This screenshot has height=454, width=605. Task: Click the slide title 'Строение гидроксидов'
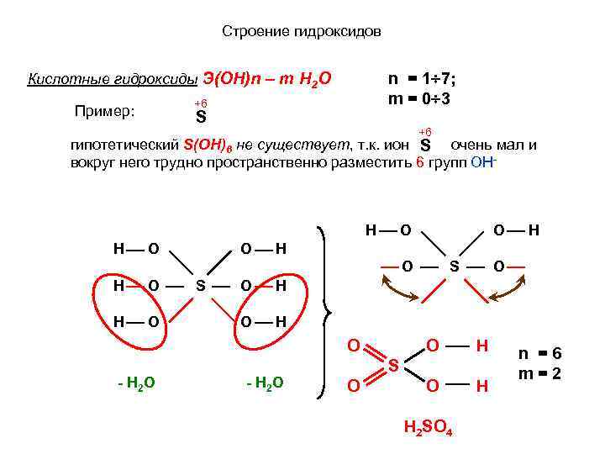(302, 32)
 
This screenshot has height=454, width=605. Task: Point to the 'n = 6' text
(539, 355)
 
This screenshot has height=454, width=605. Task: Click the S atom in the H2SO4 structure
(392, 366)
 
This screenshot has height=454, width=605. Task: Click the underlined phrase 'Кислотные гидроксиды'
(113, 80)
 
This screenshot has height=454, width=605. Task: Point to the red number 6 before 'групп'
(421, 162)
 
